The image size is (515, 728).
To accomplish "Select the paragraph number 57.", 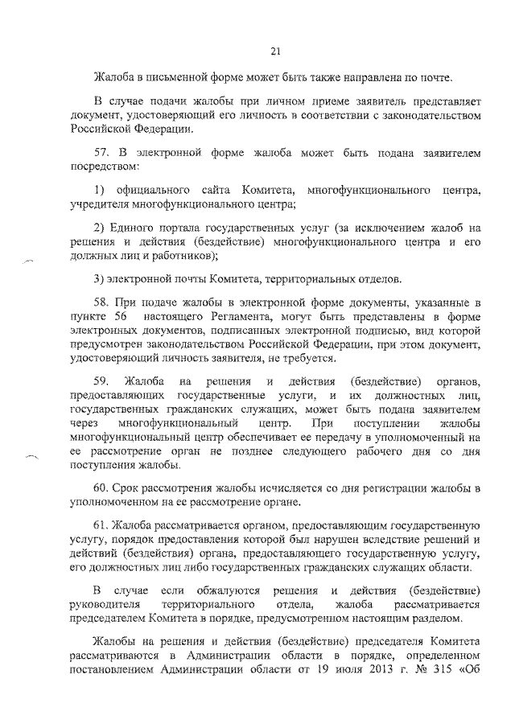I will [x=102, y=151].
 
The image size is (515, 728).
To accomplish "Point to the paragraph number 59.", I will [x=102, y=379].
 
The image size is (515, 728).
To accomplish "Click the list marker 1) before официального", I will [x=100, y=189].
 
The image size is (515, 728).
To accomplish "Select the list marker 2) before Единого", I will [x=100, y=228].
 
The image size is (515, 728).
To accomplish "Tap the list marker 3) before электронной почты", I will [x=100, y=278].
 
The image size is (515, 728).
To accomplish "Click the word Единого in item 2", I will [x=134, y=228].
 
